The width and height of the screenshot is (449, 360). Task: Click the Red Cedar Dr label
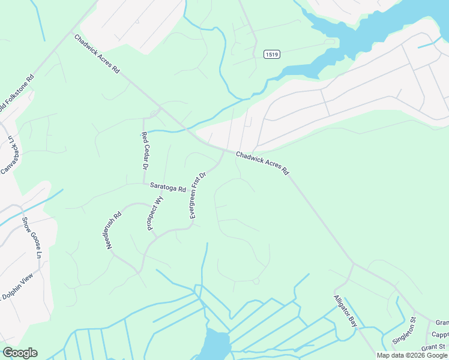[x=145, y=151]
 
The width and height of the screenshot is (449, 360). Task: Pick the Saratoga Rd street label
[x=168, y=188]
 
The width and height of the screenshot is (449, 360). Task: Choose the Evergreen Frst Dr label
[x=198, y=195]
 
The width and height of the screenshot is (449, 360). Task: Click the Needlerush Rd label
[x=114, y=230]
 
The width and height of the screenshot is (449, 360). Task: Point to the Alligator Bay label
[x=346, y=311]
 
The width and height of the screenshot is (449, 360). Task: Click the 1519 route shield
[x=271, y=55]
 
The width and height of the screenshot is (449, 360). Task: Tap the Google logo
[x=20, y=353]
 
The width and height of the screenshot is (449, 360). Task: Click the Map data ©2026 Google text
[x=412, y=355]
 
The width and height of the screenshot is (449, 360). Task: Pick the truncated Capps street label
[x=440, y=335]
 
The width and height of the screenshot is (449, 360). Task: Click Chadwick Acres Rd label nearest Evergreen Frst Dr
[x=262, y=163]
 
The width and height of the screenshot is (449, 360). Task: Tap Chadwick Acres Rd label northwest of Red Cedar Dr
[x=97, y=54]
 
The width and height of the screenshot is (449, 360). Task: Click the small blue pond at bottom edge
[x=215, y=345]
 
